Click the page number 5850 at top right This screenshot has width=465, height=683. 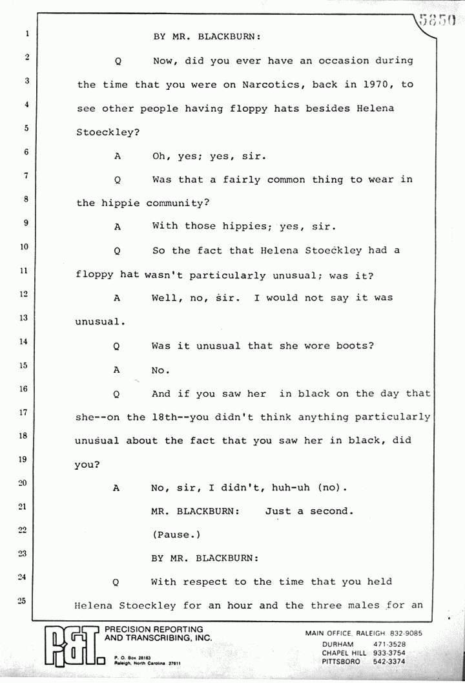[x=437, y=20]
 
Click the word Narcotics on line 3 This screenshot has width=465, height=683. [x=271, y=85]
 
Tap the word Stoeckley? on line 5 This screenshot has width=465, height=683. [x=108, y=132]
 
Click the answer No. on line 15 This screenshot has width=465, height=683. [x=160, y=370]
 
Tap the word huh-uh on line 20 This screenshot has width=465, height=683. [x=291, y=488]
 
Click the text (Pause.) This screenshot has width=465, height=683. [x=176, y=535]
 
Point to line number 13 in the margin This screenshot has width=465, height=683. [x=23, y=318]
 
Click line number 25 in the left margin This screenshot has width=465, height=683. [x=22, y=601]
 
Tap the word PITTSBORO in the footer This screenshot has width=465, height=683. [x=341, y=661]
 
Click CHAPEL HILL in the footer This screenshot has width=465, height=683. [x=344, y=653]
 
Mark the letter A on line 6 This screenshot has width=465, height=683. [x=117, y=156]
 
